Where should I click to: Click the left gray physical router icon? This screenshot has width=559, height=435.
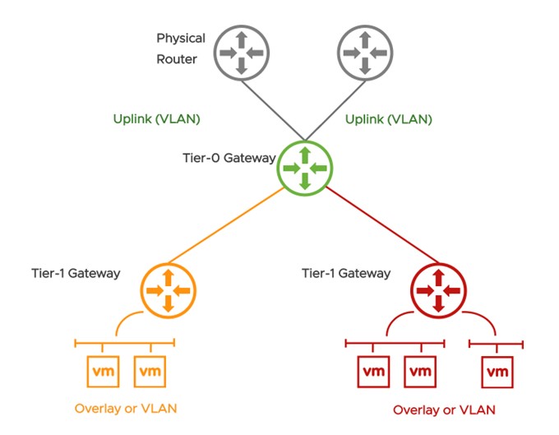tap(241, 51)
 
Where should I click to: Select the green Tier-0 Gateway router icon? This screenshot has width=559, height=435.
tap(304, 167)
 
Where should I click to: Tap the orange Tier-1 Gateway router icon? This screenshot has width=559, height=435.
tap(168, 290)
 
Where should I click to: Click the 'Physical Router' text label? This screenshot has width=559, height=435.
tap(181, 49)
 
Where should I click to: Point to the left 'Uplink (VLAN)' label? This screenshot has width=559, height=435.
tap(157, 119)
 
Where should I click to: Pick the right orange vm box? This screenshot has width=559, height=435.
tap(148, 372)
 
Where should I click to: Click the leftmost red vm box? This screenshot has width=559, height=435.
tap(373, 372)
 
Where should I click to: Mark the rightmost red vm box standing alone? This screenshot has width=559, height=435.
tap(497, 372)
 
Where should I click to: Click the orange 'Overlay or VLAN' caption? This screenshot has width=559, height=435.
tap(126, 408)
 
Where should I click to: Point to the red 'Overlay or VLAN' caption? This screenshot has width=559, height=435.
tap(444, 410)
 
